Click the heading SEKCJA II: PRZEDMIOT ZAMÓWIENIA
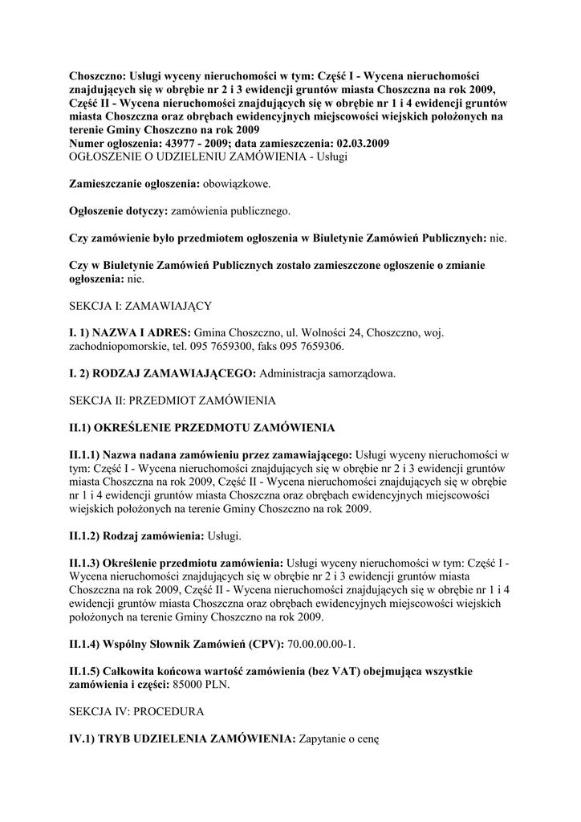pyautogui.click(x=173, y=400)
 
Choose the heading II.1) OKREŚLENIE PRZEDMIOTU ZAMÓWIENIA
pyautogui.click(x=201, y=427)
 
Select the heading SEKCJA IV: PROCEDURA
pyautogui.click(x=136, y=711)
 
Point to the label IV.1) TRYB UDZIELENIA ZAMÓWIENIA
pyautogui.click(x=182, y=739)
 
